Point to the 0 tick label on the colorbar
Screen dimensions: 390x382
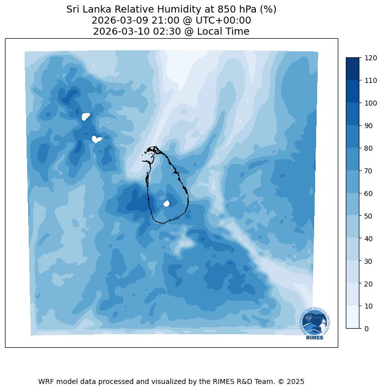367,329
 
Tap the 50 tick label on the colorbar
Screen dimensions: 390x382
368,216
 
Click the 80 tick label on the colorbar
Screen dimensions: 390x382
368,148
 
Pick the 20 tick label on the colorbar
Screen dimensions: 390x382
368,283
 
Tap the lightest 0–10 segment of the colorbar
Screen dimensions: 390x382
353,317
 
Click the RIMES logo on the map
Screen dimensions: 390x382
315,324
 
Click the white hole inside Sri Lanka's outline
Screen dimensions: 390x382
167,204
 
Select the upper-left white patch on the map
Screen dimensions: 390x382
86,117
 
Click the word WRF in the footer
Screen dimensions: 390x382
47,381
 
